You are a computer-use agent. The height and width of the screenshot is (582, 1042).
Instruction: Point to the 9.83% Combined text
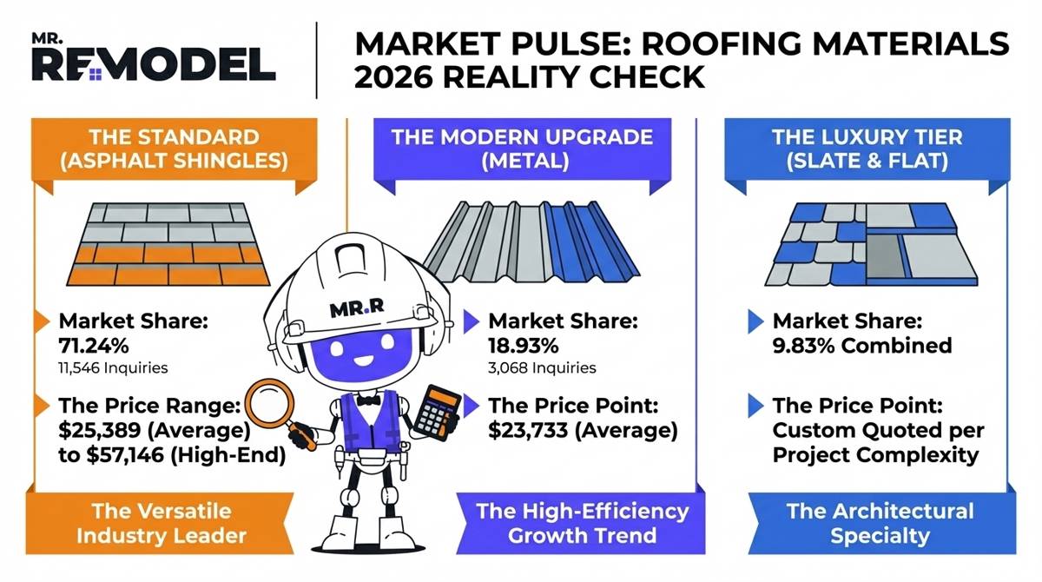click(861, 346)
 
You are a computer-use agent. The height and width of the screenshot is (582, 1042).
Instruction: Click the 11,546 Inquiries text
click(113, 368)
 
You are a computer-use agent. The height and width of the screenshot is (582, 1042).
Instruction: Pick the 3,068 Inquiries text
click(542, 368)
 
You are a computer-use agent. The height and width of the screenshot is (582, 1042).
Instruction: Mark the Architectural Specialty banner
click(880, 522)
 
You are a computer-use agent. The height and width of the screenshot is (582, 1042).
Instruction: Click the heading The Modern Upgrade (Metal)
click(521, 149)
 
